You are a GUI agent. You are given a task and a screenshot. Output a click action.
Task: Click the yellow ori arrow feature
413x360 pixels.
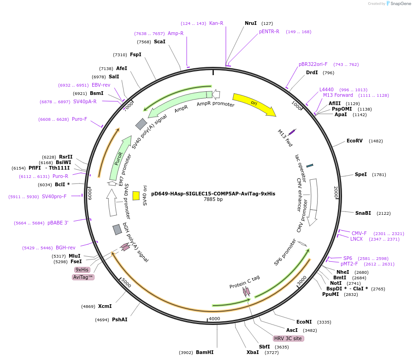254,104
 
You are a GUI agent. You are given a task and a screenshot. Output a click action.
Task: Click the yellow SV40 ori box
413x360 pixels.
136,195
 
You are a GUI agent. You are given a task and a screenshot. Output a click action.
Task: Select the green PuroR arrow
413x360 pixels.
119,159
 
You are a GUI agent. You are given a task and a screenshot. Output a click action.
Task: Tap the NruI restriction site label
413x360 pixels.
251,23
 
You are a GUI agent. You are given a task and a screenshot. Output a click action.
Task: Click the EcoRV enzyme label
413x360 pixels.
354,141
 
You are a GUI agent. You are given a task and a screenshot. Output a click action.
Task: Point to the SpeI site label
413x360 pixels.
361,174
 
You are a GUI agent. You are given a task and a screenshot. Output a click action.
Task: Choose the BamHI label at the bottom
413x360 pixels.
205,352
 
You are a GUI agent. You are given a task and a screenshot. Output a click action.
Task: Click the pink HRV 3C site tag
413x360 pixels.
288,338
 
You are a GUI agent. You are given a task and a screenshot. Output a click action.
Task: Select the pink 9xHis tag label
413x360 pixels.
82,270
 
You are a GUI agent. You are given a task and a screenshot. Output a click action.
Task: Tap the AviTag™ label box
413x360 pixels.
83,277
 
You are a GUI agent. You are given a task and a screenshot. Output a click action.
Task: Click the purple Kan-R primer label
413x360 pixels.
216,23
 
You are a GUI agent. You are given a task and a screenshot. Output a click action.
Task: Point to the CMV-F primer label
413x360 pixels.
359,233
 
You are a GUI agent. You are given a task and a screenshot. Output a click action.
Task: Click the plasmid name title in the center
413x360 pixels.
213,194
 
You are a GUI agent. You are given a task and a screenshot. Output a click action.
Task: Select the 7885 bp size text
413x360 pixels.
213,200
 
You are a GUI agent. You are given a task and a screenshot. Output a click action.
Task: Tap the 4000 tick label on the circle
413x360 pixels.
214,319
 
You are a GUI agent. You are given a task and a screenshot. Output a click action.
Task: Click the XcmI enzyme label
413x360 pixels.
105,306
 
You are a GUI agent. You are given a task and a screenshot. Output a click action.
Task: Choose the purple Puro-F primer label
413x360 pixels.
79,119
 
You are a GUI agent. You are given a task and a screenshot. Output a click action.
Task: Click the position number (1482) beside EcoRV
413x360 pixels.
376,141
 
